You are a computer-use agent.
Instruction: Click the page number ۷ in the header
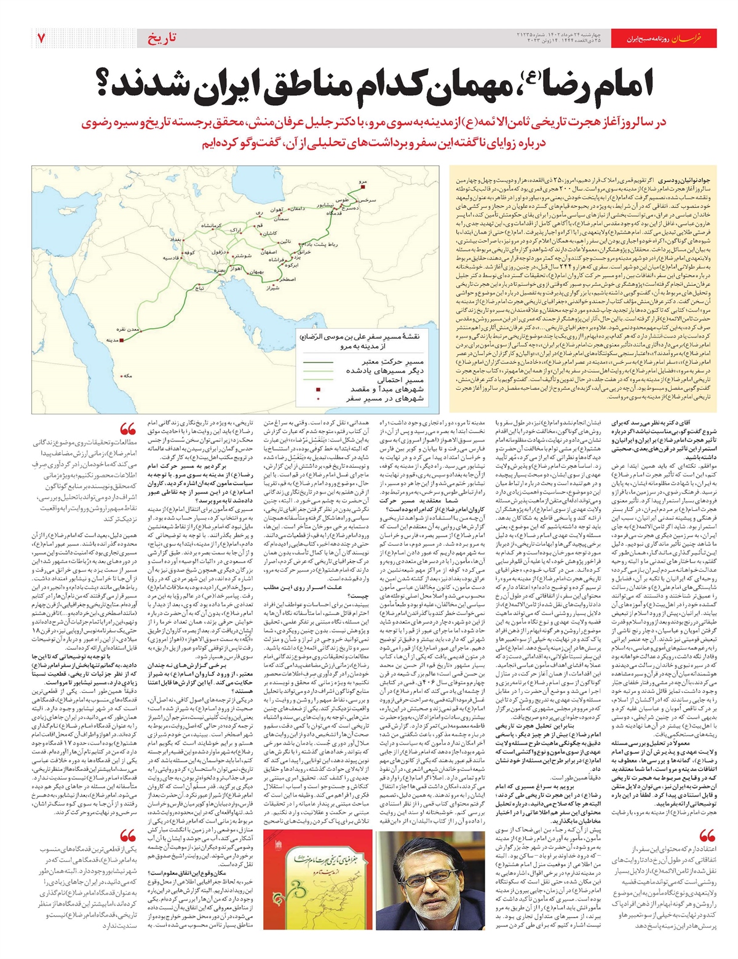pyautogui.click(x=41, y=38)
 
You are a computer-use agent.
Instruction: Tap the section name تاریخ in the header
pyautogui.click(x=163, y=38)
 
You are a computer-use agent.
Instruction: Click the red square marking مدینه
pyautogui.click(x=121, y=339)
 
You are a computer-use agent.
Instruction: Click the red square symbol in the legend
pyautogui.click(x=319, y=390)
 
